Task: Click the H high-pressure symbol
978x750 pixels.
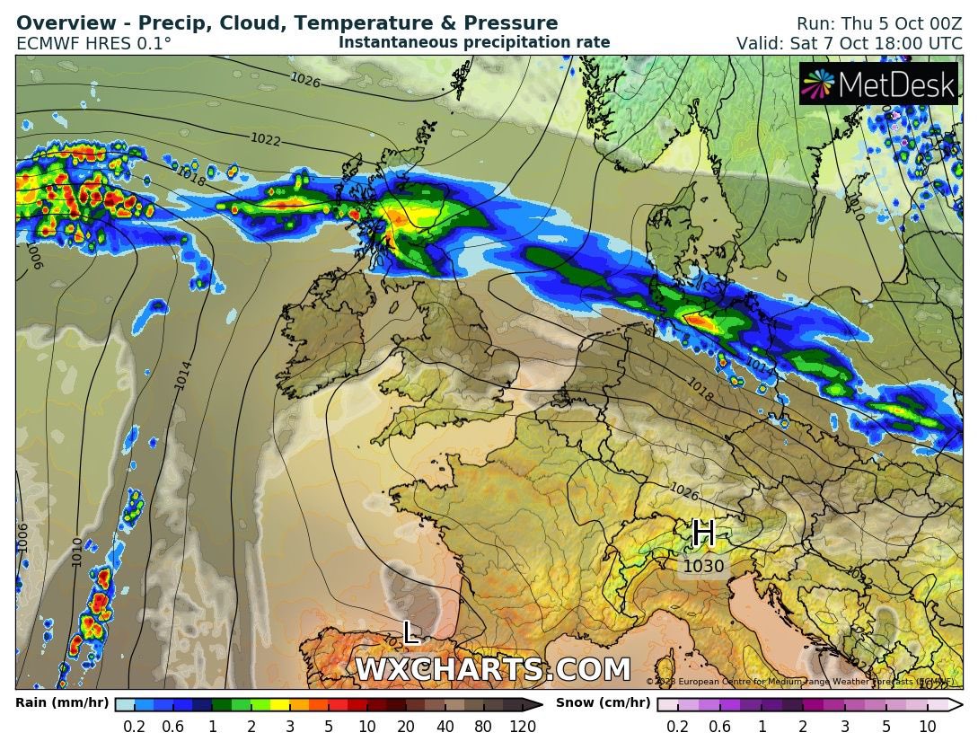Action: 703,534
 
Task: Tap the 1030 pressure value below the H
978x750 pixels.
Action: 703,567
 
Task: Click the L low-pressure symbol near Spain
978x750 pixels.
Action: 411,632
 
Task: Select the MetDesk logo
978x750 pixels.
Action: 878,85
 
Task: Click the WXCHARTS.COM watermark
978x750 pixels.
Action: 492,670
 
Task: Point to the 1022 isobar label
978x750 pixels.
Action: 266,139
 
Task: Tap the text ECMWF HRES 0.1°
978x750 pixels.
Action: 93,42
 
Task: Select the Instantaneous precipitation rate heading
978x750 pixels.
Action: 474,42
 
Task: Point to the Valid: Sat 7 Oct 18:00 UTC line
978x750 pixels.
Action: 849,43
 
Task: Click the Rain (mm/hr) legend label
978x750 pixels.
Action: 62,702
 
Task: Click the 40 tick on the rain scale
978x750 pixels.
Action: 445,727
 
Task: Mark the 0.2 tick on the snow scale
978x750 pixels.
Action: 677,727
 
